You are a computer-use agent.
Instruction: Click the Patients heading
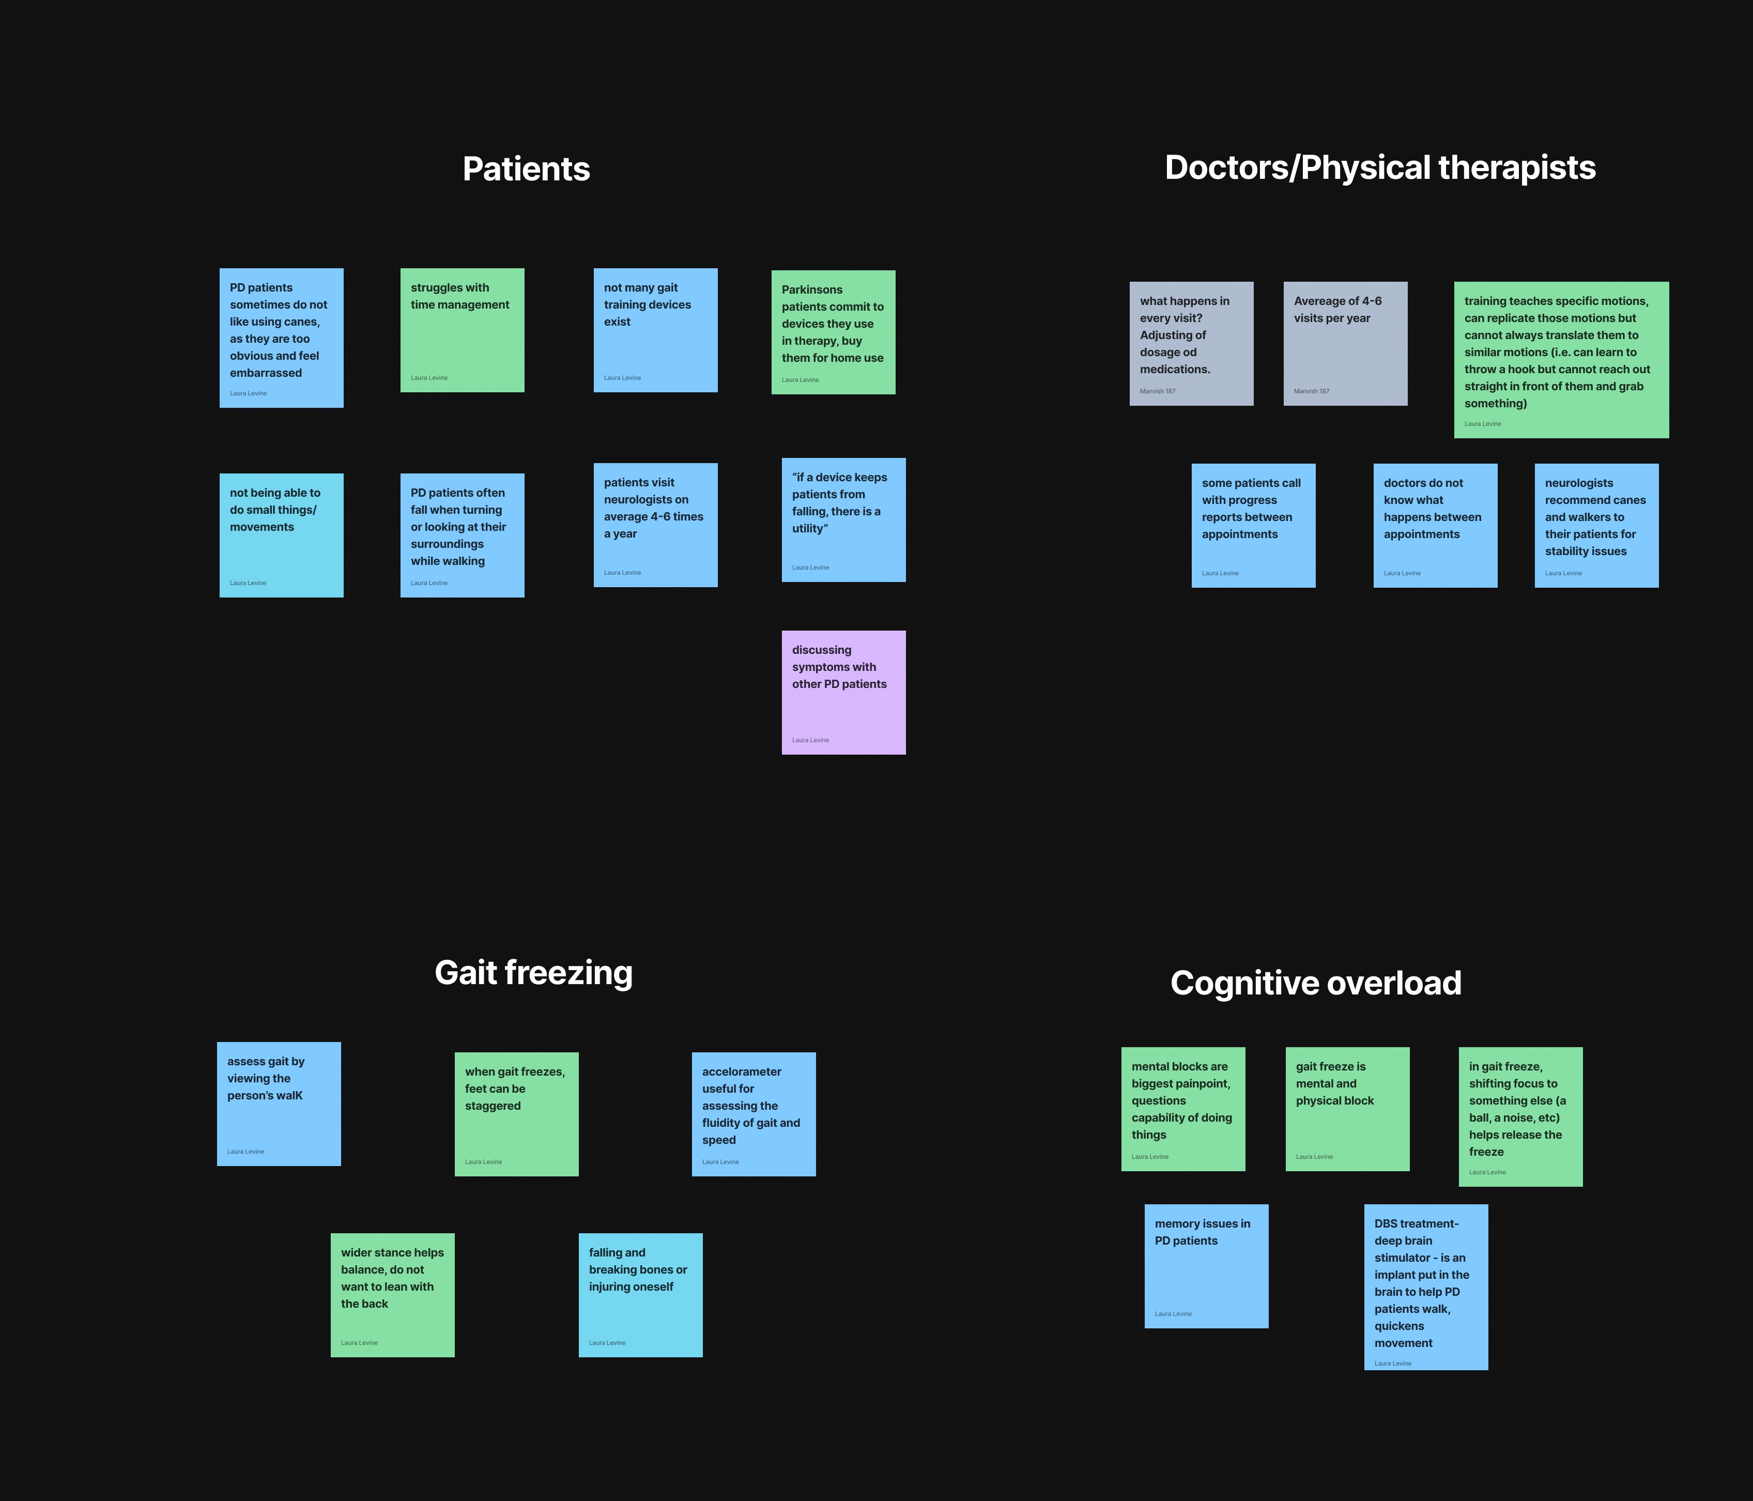coord(526,169)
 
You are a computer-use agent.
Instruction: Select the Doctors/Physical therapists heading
coord(1380,167)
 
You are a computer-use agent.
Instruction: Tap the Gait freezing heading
coord(533,973)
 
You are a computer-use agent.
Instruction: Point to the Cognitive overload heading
coord(1316,983)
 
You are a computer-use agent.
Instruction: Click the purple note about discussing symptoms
coord(843,692)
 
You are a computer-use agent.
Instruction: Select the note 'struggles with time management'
coord(462,330)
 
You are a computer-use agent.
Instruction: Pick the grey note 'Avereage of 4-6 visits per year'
coord(1345,344)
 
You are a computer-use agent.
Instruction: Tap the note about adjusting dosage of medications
coord(1191,344)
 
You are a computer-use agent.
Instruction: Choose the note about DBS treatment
coord(1425,1286)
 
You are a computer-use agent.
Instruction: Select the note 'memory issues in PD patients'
coord(1206,1266)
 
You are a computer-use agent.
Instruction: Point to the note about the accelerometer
coord(753,1113)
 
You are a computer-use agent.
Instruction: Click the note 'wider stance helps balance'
coord(392,1295)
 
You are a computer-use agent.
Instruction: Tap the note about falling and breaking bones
coord(640,1295)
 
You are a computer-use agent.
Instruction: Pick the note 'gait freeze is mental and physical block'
coord(1347,1108)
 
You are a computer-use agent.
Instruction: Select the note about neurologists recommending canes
coord(1596,525)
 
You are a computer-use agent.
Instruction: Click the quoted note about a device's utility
coord(843,519)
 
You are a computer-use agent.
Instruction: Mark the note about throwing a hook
coord(1561,360)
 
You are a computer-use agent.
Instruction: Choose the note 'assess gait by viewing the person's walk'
coord(279,1104)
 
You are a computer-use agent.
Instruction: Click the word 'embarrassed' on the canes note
coord(266,373)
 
